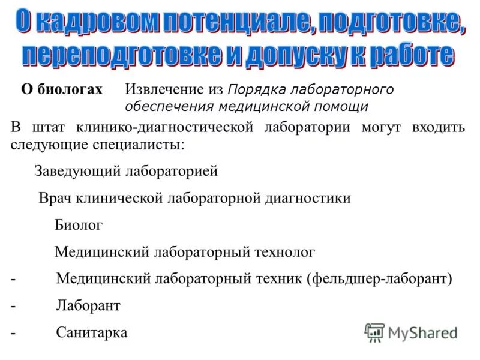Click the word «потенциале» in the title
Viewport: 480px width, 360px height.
pyautogui.click(x=237, y=22)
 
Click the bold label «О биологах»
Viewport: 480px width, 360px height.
pyautogui.click(x=62, y=90)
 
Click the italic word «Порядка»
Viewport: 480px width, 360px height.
pyautogui.click(x=256, y=90)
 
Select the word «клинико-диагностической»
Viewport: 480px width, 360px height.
pyautogui.click(x=169, y=128)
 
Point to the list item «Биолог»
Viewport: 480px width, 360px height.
pyautogui.click(x=79, y=225)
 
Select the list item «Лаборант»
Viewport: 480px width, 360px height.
pyautogui.click(x=88, y=306)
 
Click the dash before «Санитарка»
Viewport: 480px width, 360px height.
pyautogui.click(x=13, y=332)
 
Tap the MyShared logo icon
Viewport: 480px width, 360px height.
pyautogui.click(x=374, y=332)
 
